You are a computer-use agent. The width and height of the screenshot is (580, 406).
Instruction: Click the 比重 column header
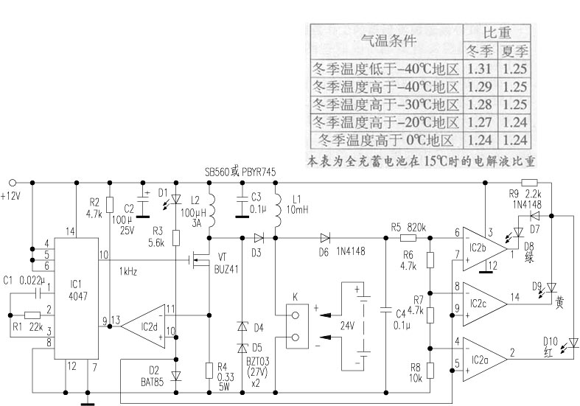pyautogui.click(x=497, y=33)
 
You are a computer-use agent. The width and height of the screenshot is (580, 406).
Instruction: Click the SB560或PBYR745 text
pyautogui.click(x=240, y=172)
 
